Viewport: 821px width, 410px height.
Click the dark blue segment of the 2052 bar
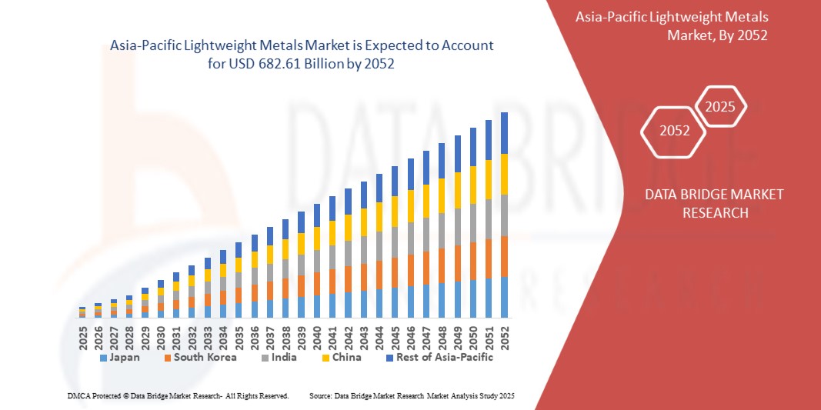point(505,133)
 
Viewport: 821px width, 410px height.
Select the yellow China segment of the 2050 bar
point(473,184)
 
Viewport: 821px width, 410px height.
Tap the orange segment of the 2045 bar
point(395,272)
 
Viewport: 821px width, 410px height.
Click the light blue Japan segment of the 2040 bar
point(317,306)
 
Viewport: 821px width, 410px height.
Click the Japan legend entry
point(118,357)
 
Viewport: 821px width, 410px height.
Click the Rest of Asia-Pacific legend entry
point(439,357)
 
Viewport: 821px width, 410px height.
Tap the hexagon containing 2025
point(720,107)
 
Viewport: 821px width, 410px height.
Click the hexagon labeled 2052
point(675,131)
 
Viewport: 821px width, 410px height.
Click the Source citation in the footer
point(412,395)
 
